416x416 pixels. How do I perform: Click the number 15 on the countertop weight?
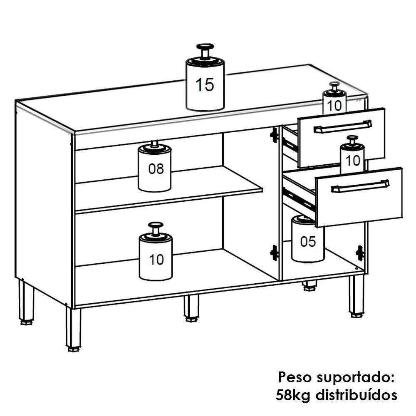click(x=205, y=85)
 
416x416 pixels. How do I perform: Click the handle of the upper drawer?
click(x=343, y=127)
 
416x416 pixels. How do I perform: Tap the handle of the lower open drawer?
click(x=360, y=186)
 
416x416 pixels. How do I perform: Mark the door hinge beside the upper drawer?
click(x=274, y=135)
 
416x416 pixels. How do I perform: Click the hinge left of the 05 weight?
click(x=274, y=253)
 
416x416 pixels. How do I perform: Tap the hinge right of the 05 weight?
click(x=360, y=253)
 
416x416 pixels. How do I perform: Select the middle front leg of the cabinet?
click(x=191, y=308)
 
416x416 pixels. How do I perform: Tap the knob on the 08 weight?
click(x=155, y=144)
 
